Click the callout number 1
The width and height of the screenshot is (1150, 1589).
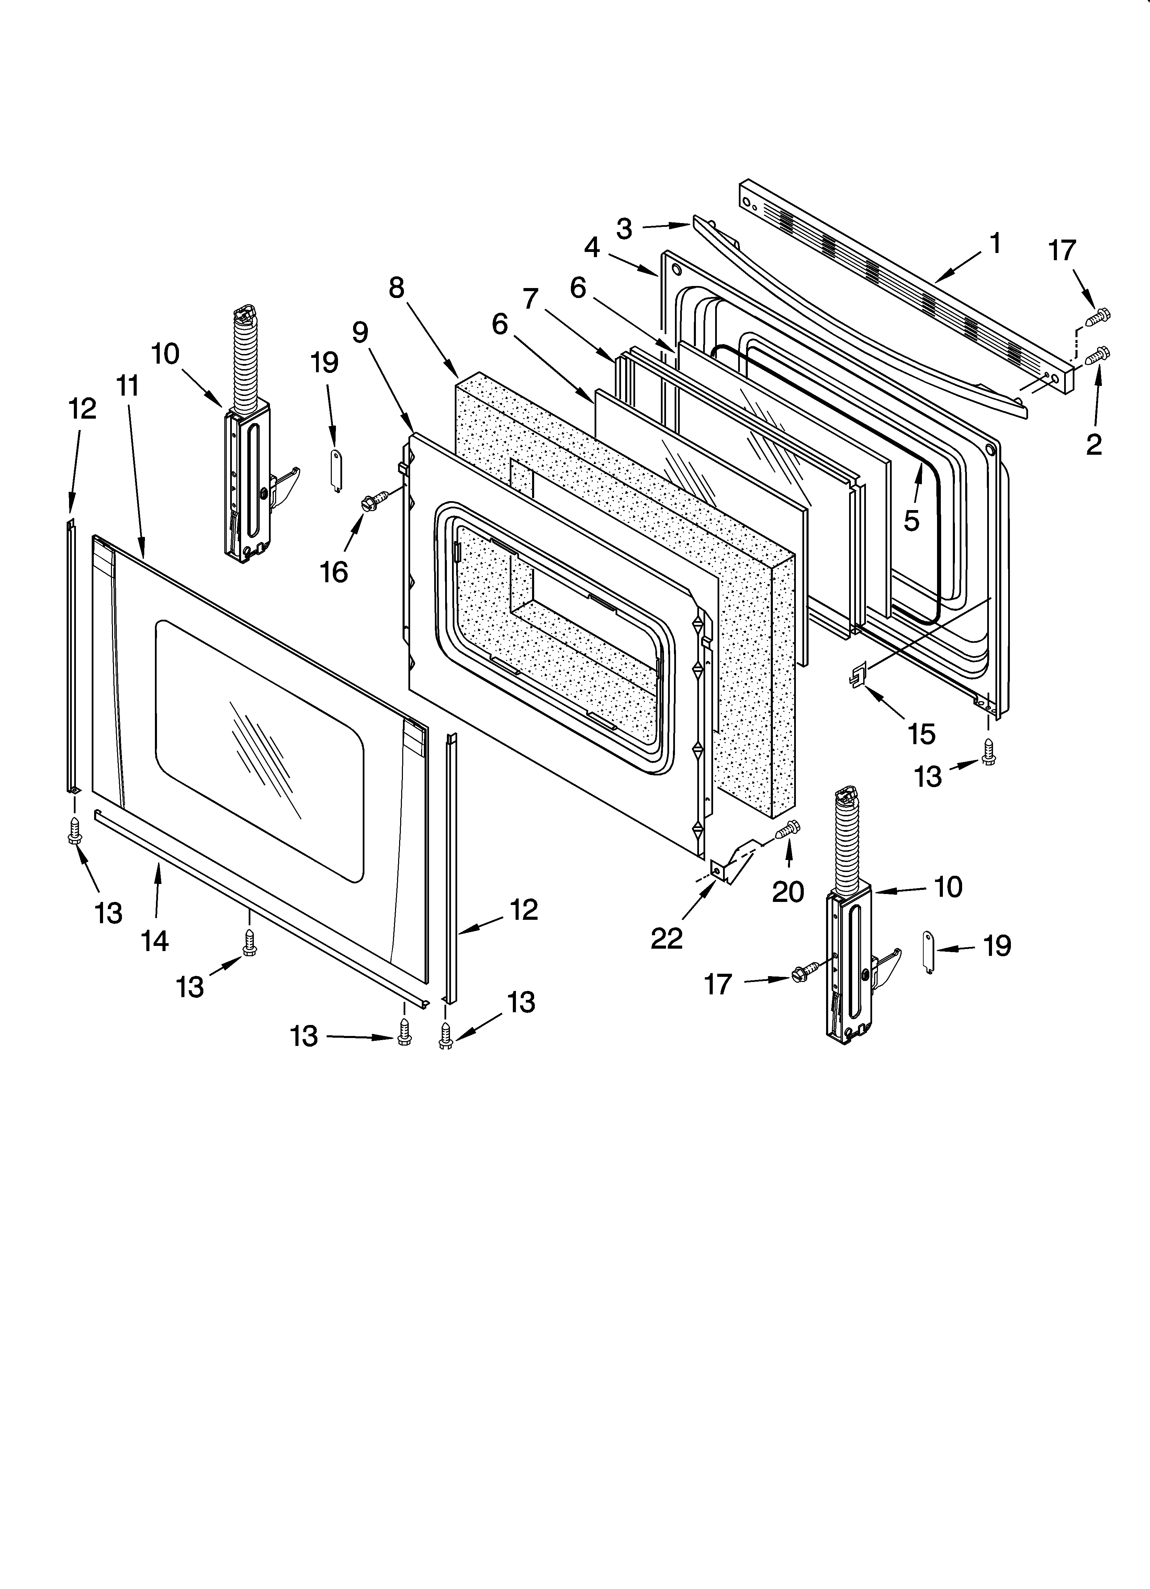click(x=994, y=244)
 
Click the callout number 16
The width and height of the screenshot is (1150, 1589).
click(x=334, y=572)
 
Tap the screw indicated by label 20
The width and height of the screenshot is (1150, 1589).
click(x=788, y=829)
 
